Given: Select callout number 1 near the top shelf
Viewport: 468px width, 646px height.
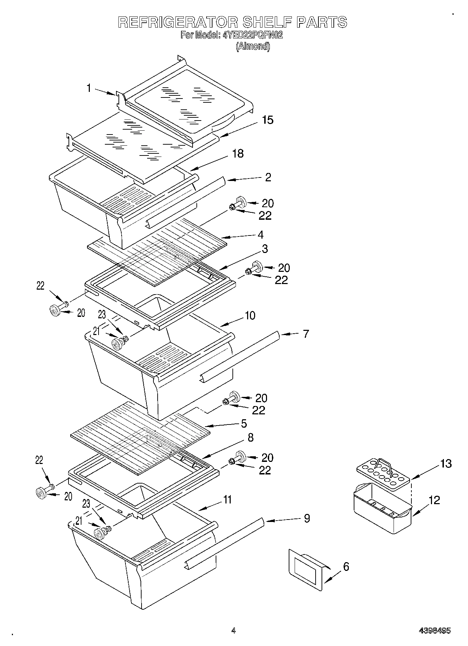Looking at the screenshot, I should tap(89, 88).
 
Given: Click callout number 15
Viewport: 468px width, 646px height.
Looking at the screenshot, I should tap(268, 120).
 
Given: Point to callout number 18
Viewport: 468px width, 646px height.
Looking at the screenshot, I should tap(238, 153).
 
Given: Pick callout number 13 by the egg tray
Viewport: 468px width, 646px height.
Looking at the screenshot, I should tap(446, 464).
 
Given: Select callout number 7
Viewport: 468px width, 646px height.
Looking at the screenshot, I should tap(306, 334).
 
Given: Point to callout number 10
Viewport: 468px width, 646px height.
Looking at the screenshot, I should tap(250, 315).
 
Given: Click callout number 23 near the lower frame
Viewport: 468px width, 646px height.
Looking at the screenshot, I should tap(86, 503).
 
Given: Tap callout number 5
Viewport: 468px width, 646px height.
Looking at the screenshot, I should tap(244, 423).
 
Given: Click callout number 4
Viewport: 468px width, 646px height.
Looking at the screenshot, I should tap(260, 234).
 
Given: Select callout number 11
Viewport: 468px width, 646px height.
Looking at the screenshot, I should tap(227, 500).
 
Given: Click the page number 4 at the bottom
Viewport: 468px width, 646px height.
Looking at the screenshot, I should tap(233, 631).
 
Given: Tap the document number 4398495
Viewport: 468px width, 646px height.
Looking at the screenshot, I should tap(435, 631).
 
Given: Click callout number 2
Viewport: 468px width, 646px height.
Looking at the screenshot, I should tap(268, 177).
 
